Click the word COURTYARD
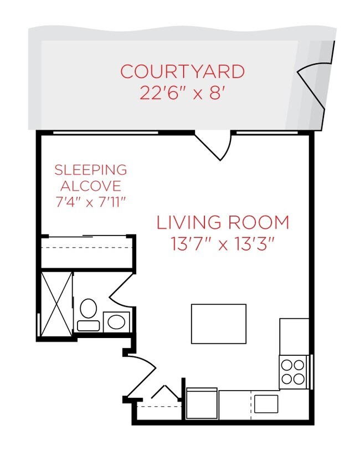click(182, 71)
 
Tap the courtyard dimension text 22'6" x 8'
click(182, 91)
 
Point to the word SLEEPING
click(90, 170)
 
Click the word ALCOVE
click(90, 186)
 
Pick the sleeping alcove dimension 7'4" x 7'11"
click(90, 201)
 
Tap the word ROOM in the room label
click(258, 223)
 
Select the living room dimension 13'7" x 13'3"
click(223, 244)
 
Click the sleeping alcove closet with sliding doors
click(86, 252)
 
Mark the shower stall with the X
click(57, 303)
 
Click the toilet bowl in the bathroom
click(88, 308)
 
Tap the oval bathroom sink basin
click(116, 322)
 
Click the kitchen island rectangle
click(219, 324)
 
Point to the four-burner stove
click(293, 372)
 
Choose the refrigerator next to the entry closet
click(202, 403)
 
